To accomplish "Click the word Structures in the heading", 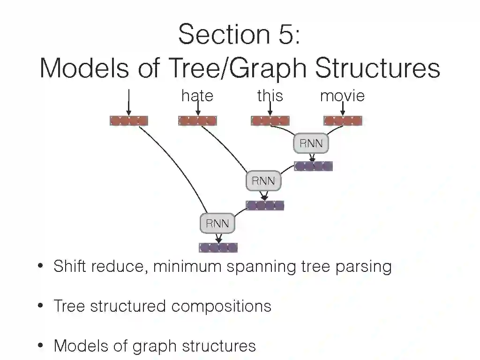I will (x=377, y=68).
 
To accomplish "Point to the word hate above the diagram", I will (x=197, y=96).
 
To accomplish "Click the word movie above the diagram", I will (x=342, y=96).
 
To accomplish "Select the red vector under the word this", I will (x=270, y=121).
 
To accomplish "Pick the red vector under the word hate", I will (x=197, y=121).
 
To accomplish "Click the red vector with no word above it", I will (x=129, y=121).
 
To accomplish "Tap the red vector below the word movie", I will (x=343, y=121).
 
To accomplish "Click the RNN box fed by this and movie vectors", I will (x=311, y=143).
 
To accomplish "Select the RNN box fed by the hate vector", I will (x=263, y=181).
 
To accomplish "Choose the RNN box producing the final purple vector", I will (x=217, y=223).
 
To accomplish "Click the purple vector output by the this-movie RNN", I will (x=313, y=166).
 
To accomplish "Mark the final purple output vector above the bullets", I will (x=218, y=247).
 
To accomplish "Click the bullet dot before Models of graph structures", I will (x=41, y=346).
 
